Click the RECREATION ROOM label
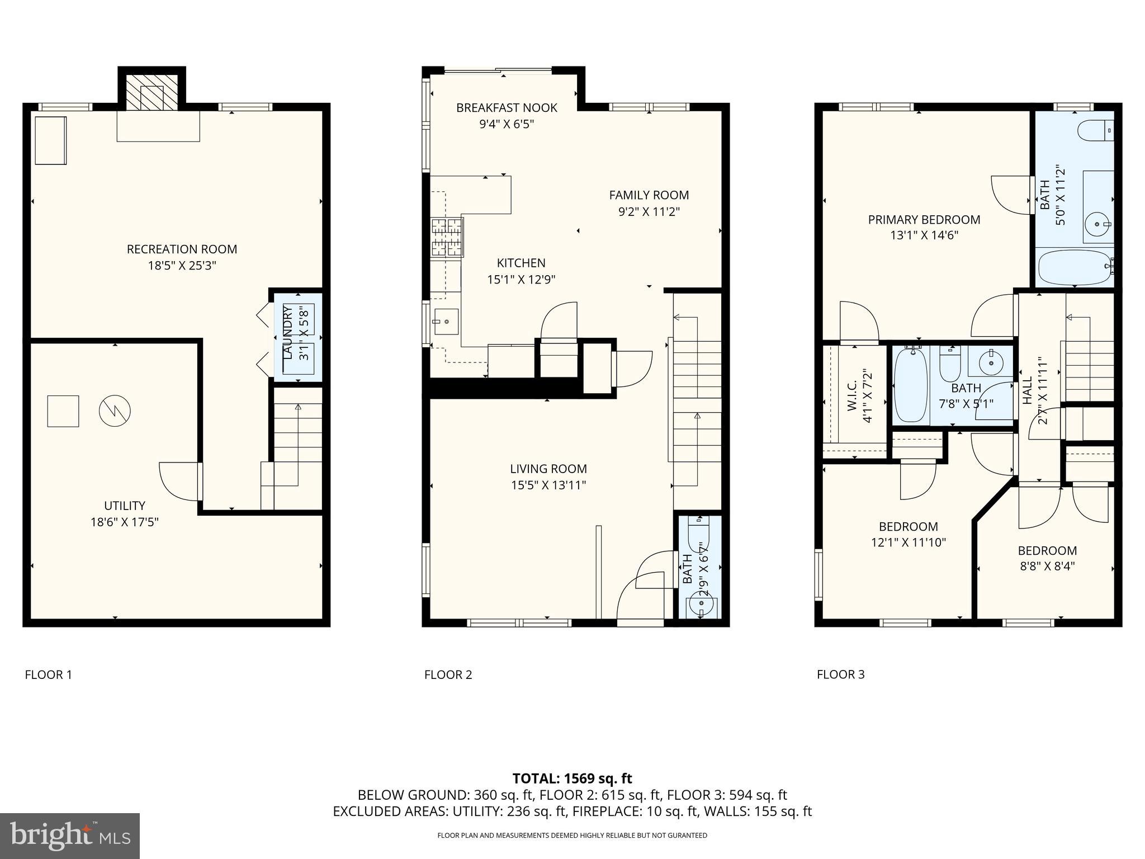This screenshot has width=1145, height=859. click(182, 249)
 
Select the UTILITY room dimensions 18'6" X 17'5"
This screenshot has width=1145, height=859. click(125, 522)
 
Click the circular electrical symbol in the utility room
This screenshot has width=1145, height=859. click(115, 411)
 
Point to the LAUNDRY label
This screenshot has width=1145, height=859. click(288, 336)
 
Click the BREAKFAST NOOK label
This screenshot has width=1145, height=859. click(507, 108)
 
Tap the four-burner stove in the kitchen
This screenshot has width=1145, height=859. click(447, 238)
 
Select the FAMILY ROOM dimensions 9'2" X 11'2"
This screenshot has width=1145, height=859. click(649, 212)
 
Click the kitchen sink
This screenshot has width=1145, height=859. click(446, 322)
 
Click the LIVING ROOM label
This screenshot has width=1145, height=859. click(548, 469)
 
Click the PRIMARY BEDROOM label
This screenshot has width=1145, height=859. click(924, 220)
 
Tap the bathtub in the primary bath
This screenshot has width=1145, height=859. click(1073, 268)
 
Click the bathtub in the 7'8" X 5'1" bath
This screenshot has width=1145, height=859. click(911, 385)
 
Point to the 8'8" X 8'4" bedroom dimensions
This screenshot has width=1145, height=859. click(1047, 566)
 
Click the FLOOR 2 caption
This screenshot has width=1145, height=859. click(448, 674)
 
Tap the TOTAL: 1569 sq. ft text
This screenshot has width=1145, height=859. click(572, 778)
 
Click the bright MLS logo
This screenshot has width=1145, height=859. click(70, 836)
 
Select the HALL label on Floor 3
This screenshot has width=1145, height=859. click(1027, 390)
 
